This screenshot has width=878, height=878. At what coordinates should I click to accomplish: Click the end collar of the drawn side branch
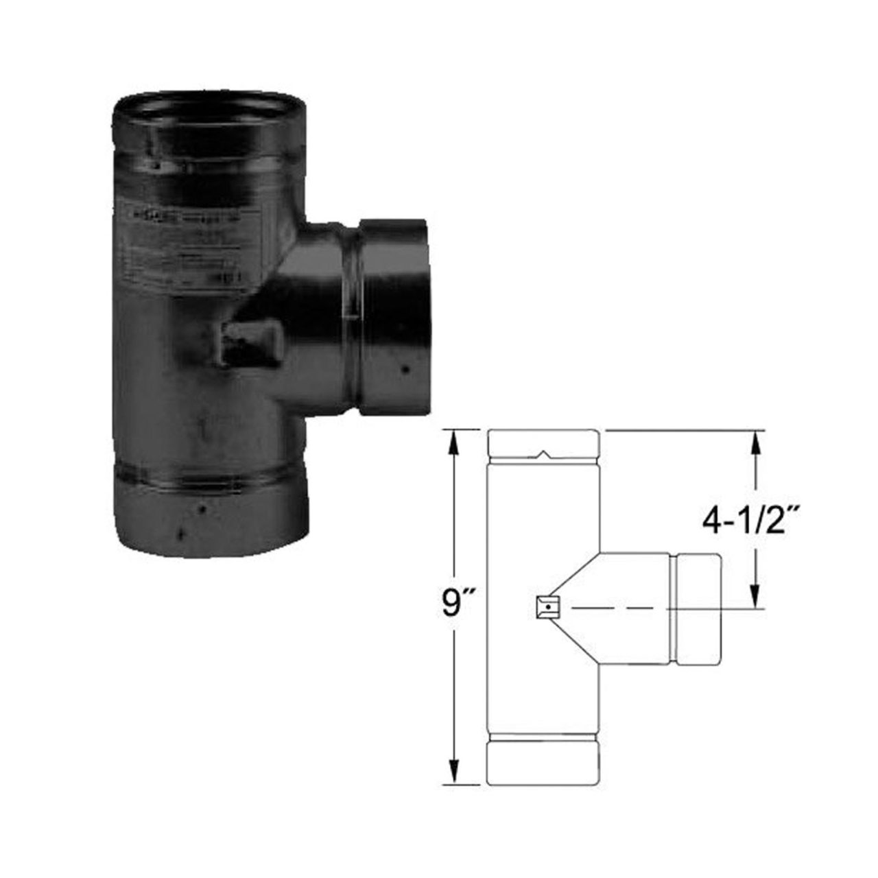[x=698, y=608]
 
